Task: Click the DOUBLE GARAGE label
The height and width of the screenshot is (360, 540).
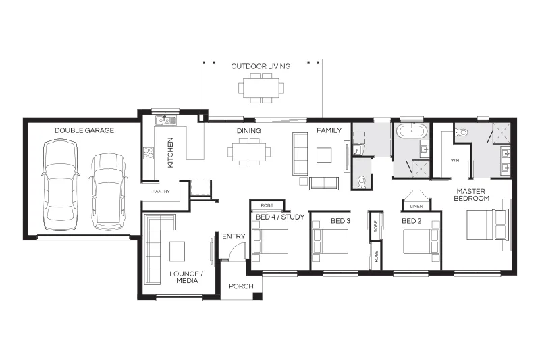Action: click(x=84, y=130)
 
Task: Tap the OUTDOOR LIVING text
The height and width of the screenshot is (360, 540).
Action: click(x=261, y=66)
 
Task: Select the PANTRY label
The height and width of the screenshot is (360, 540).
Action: click(x=161, y=192)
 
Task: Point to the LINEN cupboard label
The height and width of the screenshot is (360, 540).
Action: click(x=416, y=207)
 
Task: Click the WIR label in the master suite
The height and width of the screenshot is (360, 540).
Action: click(x=455, y=160)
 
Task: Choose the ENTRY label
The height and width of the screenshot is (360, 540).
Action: click(x=234, y=236)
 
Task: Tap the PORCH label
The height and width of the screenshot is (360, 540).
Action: click(x=241, y=286)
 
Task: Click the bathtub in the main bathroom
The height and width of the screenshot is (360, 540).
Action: click(x=412, y=131)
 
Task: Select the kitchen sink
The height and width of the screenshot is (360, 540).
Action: click(x=165, y=120)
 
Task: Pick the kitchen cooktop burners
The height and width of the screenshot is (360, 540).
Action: click(x=148, y=153)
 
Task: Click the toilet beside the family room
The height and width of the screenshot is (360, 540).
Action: click(x=362, y=182)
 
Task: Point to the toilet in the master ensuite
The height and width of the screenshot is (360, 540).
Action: click(x=461, y=132)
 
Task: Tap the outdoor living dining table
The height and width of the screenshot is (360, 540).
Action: click(x=261, y=88)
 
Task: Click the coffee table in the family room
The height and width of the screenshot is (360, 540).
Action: click(x=324, y=155)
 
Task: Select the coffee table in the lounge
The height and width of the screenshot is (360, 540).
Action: click(x=177, y=251)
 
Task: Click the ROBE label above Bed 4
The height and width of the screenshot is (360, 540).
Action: click(x=267, y=205)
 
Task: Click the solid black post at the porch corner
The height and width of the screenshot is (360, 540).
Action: click(x=257, y=296)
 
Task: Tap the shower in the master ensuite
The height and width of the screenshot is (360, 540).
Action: click(x=502, y=132)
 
